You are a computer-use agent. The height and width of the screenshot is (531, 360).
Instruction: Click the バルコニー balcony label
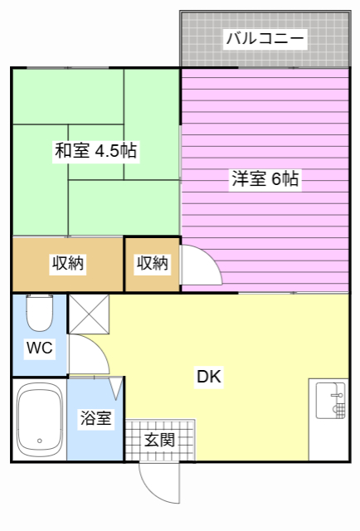[x=265, y=37]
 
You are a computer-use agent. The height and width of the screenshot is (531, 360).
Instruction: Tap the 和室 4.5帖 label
[x=95, y=151]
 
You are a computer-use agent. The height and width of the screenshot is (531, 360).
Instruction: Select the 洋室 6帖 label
[x=265, y=178]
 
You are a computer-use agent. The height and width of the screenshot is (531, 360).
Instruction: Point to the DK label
[x=208, y=377]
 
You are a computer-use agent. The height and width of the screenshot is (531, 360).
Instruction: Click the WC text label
[x=39, y=348]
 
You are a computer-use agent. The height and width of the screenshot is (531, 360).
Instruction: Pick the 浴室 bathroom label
[x=95, y=419]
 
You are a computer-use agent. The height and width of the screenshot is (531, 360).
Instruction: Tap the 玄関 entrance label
[x=159, y=439]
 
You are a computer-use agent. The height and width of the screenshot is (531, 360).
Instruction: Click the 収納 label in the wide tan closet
[x=68, y=264]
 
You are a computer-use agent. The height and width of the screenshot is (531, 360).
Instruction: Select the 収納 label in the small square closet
[x=153, y=264]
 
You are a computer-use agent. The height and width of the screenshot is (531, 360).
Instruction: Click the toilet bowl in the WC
[x=39, y=314]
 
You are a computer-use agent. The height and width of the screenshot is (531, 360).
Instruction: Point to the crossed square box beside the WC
[x=88, y=314]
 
